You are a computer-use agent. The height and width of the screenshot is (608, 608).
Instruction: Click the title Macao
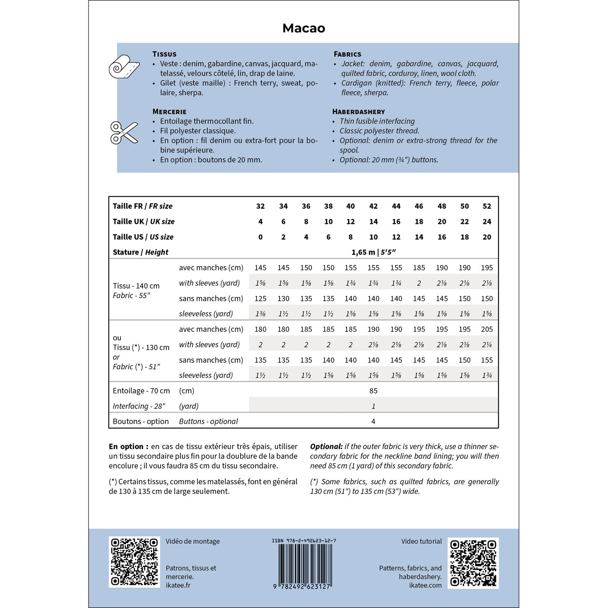click(303, 28)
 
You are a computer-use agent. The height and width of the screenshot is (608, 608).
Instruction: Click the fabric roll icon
click(124, 66)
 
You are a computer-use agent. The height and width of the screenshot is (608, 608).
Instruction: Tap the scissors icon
click(124, 132)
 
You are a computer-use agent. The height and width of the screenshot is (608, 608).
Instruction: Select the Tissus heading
click(164, 54)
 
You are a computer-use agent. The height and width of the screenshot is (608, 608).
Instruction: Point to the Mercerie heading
click(169, 111)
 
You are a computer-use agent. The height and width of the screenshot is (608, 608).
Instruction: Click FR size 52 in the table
click(486, 206)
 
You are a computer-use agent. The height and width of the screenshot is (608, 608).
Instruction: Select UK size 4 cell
click(260, 221)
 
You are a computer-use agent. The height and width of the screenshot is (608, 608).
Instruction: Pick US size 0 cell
click(260, 237)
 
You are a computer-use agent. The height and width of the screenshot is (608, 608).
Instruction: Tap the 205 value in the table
click(486, 329)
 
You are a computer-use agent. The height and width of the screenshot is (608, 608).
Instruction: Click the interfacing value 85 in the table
click(373, 391)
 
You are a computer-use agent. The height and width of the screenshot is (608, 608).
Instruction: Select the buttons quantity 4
click(373, 422)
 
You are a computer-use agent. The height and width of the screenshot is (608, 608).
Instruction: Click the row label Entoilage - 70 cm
click(141, 391)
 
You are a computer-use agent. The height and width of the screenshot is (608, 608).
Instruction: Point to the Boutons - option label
click(141, 422)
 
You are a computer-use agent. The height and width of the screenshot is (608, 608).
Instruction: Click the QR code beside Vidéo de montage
click(134, 562)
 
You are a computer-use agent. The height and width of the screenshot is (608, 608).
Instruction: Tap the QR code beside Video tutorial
click(473, 562)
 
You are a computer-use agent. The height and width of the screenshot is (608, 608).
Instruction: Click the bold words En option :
click(129, 446)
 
